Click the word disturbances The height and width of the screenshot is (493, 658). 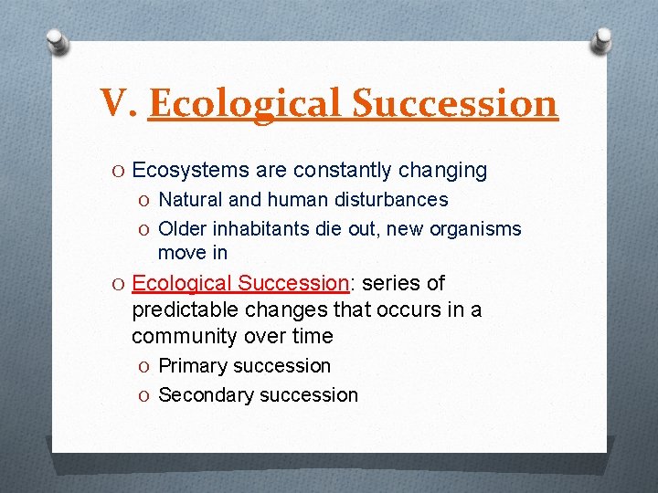[392, 199]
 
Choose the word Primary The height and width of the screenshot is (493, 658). [193, 366]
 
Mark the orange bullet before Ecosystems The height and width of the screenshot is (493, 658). [120, 171]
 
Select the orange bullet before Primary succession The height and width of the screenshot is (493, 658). [145, 366]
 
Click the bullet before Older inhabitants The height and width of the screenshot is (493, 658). [145, 229]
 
